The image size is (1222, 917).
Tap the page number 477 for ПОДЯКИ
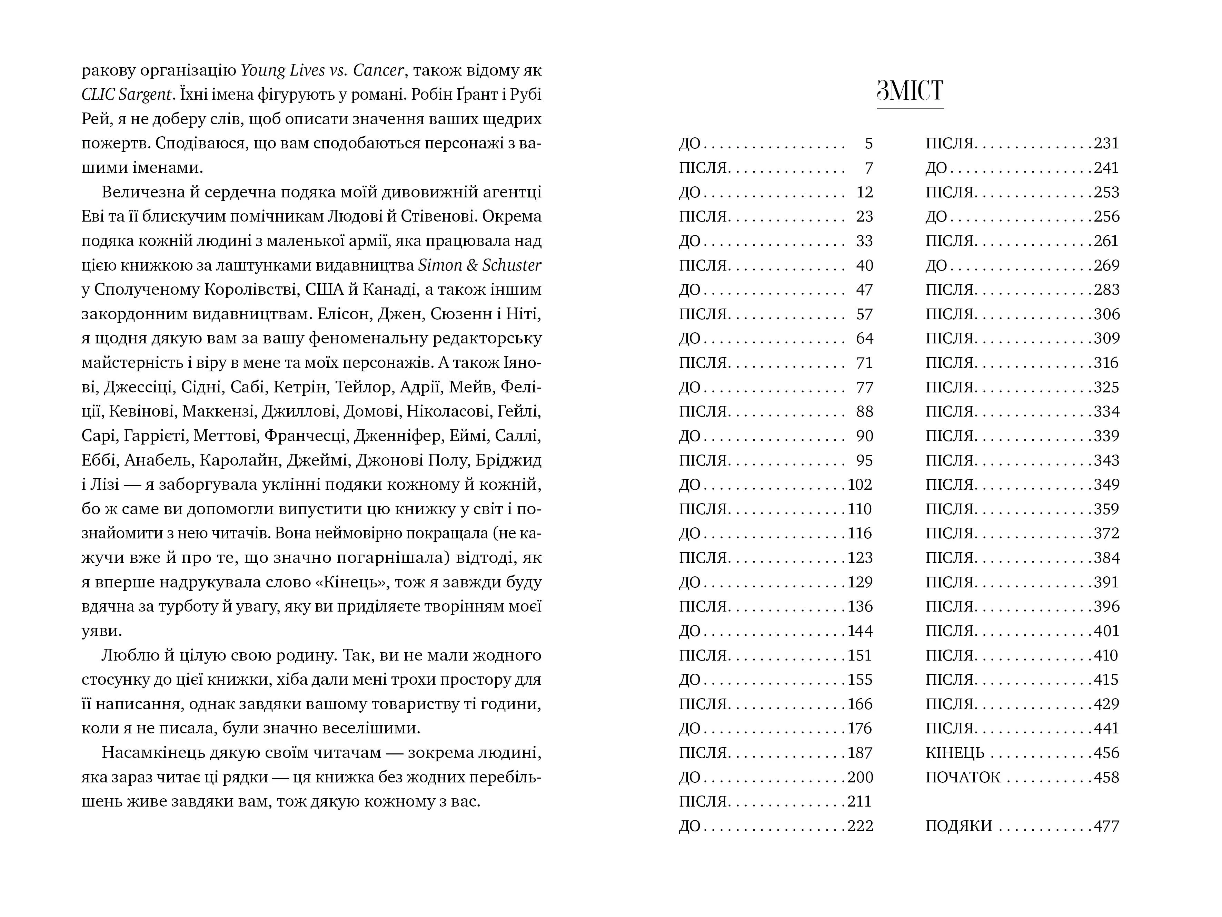click(x=1106, y=826)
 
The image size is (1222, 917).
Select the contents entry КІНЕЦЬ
click(x=955, y=753)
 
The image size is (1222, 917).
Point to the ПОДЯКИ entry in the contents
click(x=958, y=826)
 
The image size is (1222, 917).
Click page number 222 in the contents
click(x=860, y=826)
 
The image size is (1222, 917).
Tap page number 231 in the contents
click(x=1106, y=144)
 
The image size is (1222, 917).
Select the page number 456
click(x=1106, y=753)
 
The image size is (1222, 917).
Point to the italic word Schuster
click(x=511, y=265)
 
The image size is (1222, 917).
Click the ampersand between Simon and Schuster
click(x=472, y=265)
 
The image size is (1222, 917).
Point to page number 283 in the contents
click(x=1106, y=290)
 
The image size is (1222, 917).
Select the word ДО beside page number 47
click(x=689, y=290)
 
